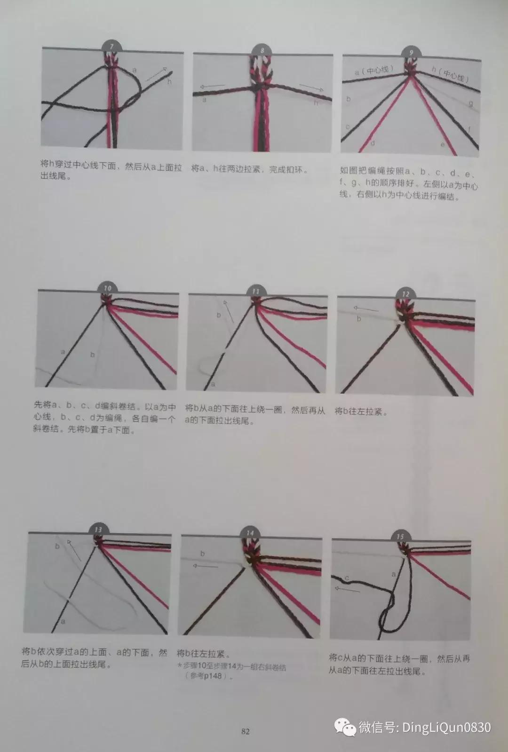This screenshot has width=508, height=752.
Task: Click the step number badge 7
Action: tap(111, 47)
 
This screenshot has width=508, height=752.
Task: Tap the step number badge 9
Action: tap(412, 52)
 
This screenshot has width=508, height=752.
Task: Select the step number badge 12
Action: tap(405, 294)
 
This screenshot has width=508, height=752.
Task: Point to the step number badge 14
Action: tap(250, 533)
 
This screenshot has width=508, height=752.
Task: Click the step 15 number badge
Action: tap(400, 536)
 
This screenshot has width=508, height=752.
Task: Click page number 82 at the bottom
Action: tap(245, 731)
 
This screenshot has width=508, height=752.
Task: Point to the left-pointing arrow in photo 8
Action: tap(212, 87)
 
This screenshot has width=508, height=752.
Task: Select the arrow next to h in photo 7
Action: tap(157, 75)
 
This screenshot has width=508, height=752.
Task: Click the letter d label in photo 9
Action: tap(373, 142)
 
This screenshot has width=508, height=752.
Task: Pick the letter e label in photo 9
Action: tap(442, 144)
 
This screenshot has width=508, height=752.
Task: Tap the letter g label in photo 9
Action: tap(470, 103)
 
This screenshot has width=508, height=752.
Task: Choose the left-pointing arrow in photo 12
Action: tap(365, 309)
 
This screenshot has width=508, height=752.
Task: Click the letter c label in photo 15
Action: tap(347, 578)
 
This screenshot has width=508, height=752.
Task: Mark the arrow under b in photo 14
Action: tap(206, 565)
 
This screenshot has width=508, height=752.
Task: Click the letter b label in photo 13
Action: tap(57, 546)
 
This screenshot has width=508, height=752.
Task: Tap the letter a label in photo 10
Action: tap(63, 351)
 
